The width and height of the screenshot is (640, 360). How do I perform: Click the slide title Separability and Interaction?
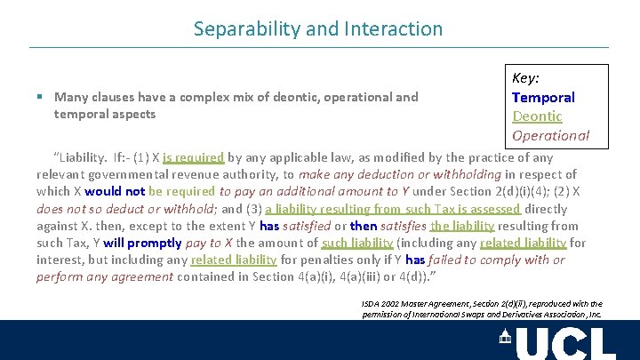point(318,28)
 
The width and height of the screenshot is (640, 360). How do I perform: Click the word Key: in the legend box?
point(527,78)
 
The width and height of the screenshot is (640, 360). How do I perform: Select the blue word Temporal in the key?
point(543,97)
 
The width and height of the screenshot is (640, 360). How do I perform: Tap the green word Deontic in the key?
point(537,116)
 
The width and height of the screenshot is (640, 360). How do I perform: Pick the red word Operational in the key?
point(550,135)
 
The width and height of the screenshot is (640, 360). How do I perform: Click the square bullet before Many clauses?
point(41,97)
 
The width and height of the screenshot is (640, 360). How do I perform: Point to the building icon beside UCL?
point(505,336)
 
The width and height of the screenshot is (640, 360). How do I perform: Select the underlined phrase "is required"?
point(193,157)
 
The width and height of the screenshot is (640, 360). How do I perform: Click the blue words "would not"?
point(115,191)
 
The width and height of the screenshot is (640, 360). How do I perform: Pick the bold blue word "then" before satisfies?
point(364,226)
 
